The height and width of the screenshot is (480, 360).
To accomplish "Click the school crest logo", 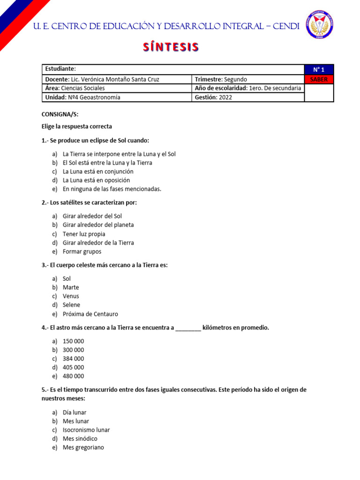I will [320, 25].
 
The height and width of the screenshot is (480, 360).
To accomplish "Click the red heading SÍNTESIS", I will [171, 47].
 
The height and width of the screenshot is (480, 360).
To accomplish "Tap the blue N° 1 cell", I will [319, 69].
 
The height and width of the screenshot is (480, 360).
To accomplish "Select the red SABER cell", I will [319, 79].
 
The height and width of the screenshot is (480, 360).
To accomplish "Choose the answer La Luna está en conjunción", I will [98, 172].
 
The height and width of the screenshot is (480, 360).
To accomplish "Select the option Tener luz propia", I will [84, 234].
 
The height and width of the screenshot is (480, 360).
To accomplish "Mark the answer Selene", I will [71, 305].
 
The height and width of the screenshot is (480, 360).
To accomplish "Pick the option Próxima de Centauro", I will [90, 314].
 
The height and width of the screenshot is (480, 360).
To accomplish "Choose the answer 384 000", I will [74, 359].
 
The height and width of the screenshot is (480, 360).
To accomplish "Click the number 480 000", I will [74, 376].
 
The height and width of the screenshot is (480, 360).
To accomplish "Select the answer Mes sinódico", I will [80, 438].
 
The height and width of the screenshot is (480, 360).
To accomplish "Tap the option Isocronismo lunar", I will [86, 430].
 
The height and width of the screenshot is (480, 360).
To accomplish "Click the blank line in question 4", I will [188, 328].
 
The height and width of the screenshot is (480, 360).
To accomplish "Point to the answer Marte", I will [71, 287].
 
